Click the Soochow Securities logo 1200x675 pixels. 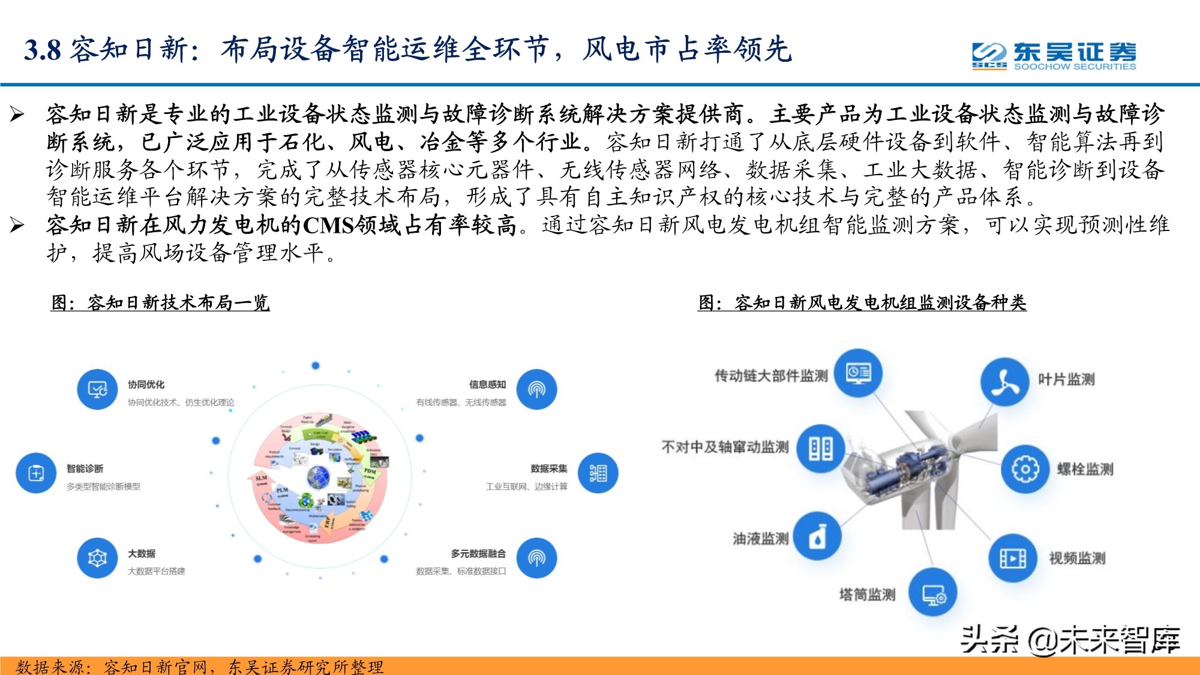point(1054,56)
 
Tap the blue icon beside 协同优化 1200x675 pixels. point(97,389)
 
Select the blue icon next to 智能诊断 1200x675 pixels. point(36,473)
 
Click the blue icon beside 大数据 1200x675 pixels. point(97,558)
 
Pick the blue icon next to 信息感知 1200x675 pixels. point(536,389)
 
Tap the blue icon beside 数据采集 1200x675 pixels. point(598,473)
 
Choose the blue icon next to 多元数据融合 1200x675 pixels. point(536,558)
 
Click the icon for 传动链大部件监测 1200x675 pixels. point(858,373)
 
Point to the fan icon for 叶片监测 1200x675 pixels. point(1005,382)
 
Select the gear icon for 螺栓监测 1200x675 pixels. point(1025,469)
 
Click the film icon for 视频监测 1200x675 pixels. point(1013,559)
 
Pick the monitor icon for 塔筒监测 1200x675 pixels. point(933,594)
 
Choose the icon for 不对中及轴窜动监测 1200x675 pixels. point(820,448)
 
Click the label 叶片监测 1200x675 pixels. point(1066,379)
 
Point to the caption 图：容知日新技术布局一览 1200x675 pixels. point(160,302)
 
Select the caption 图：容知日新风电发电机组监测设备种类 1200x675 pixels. point(862,302)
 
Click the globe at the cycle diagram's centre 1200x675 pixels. point(319,478)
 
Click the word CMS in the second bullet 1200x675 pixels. point(328,226)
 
